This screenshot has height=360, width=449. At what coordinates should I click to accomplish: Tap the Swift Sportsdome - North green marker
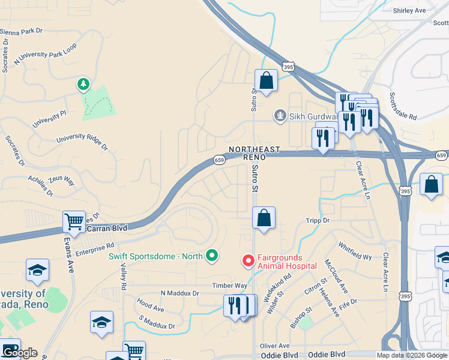211,256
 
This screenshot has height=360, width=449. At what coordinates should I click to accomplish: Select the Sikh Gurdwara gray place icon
279,115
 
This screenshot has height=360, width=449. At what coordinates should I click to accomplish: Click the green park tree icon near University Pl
83,85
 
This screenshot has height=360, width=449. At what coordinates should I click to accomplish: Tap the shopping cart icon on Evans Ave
74,222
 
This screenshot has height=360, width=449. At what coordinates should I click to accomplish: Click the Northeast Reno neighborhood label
254,152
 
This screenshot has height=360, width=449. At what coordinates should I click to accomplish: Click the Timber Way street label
229,286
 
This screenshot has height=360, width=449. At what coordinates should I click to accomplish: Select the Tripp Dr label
318,221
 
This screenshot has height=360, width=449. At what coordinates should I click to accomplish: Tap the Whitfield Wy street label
355,251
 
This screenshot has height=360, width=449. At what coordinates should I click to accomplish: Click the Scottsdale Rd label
403,107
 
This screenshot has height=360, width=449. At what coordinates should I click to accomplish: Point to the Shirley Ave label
409,11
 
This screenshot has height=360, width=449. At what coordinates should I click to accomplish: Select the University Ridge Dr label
82,142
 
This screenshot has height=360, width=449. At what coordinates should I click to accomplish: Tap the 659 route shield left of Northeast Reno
220,160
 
